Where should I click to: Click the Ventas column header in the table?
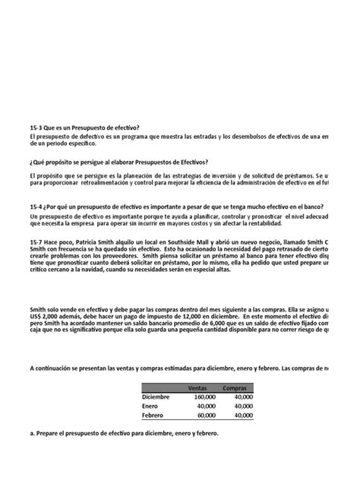[197, 387]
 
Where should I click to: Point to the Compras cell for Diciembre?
[243, 396]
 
